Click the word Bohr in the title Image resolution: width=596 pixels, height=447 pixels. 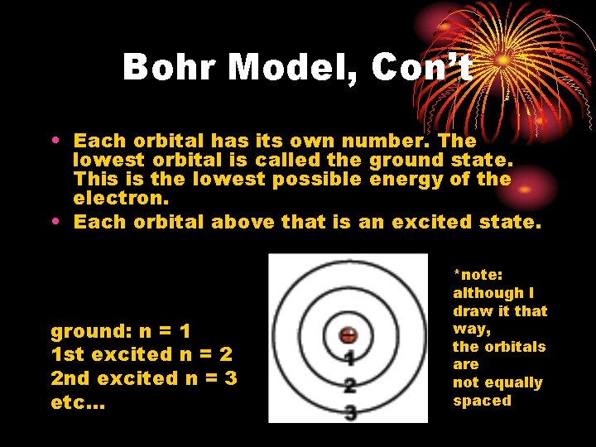172,67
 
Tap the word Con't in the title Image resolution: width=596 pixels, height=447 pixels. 421,67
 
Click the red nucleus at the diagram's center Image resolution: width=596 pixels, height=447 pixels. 348,336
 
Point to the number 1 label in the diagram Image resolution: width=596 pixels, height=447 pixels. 349,359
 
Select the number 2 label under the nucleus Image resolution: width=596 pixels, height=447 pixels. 349,385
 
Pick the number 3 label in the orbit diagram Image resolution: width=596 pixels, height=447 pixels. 349,411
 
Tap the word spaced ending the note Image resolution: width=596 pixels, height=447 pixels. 482,401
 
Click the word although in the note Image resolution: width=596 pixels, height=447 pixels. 488,292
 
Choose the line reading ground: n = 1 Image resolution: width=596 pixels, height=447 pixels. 121,332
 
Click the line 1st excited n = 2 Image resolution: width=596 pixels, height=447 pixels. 142,355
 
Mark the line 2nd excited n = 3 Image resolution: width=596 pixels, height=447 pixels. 142,378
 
